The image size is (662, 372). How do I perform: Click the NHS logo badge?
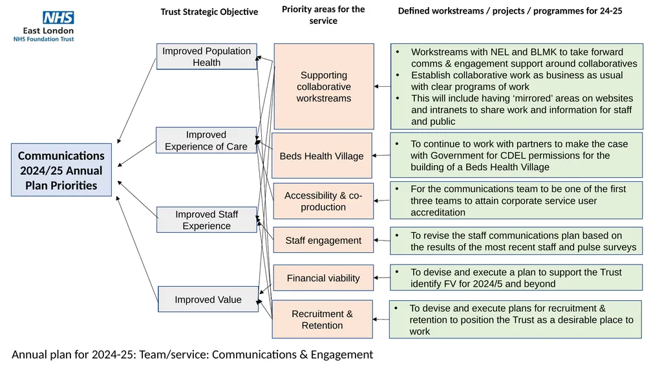click(x=58, y=17)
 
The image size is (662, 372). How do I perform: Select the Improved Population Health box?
click(x=206, y=57)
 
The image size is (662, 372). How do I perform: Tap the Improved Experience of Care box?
click(x=206, y=140)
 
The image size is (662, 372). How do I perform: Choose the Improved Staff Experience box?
click(x=206, y=220)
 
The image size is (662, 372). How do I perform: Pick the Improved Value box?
click(x=208, y=300)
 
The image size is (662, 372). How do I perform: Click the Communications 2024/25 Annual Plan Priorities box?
click(x=61, y=170)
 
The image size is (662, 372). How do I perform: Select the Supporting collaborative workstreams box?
click(x=324, y=86)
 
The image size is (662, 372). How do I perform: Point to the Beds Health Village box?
click(x=322, y=155)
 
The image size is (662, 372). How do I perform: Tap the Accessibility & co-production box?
click(x=323, y=201)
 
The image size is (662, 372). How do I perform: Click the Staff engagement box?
click(x=323, y=240)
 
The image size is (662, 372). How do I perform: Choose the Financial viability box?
click(x=323, y=278)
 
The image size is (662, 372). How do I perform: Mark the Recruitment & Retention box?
click(x=322, y=319)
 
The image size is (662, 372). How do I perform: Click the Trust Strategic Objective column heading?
click(x=209, y=12)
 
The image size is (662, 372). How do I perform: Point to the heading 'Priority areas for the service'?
click(x=323, y=15)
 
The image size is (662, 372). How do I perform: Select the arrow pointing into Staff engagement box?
click(x=382, y=241)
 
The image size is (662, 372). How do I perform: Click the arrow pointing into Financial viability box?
click(x=382, y=278)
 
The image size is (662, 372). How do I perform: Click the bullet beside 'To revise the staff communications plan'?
click(x=397, y=235)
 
